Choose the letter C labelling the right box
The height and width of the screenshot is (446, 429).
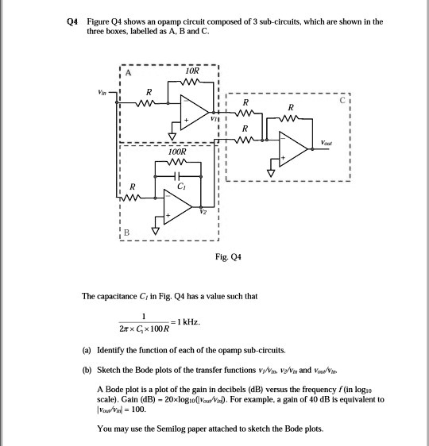[343, 101]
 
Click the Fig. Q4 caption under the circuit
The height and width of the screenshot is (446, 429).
[239, 257]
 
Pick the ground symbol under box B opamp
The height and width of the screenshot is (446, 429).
[156, 231]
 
